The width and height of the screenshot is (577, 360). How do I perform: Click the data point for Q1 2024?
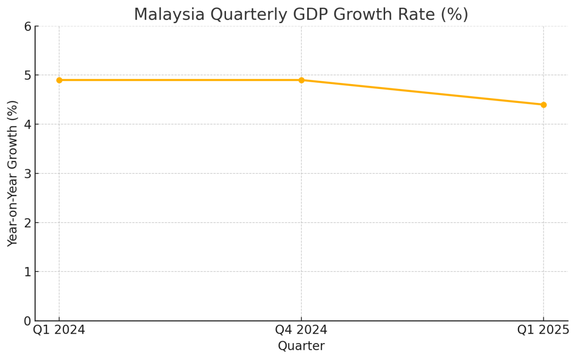click(x=59, y=80)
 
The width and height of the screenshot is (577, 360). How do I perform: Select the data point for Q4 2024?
click(x=301, y=80)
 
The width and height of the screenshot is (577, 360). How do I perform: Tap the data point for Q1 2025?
click(x=543, y=105)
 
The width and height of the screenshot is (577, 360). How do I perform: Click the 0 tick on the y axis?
click(x=27, y=321)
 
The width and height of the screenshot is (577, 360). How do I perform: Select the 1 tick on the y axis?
click(x=27, y=272)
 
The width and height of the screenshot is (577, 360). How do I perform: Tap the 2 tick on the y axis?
click(x=27, y=223)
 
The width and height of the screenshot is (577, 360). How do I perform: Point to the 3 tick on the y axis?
click(x=27, y=174)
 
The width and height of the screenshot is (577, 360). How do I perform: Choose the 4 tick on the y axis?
click(x=27, y=124)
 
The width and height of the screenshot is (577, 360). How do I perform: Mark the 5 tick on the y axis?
click(x=27, y=75)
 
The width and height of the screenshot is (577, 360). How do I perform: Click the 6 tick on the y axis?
click(x=27, y=26)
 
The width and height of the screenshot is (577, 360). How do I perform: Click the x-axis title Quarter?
click(x=301, y=346)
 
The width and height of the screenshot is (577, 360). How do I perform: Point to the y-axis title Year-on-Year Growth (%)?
click(x=13, y=174)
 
